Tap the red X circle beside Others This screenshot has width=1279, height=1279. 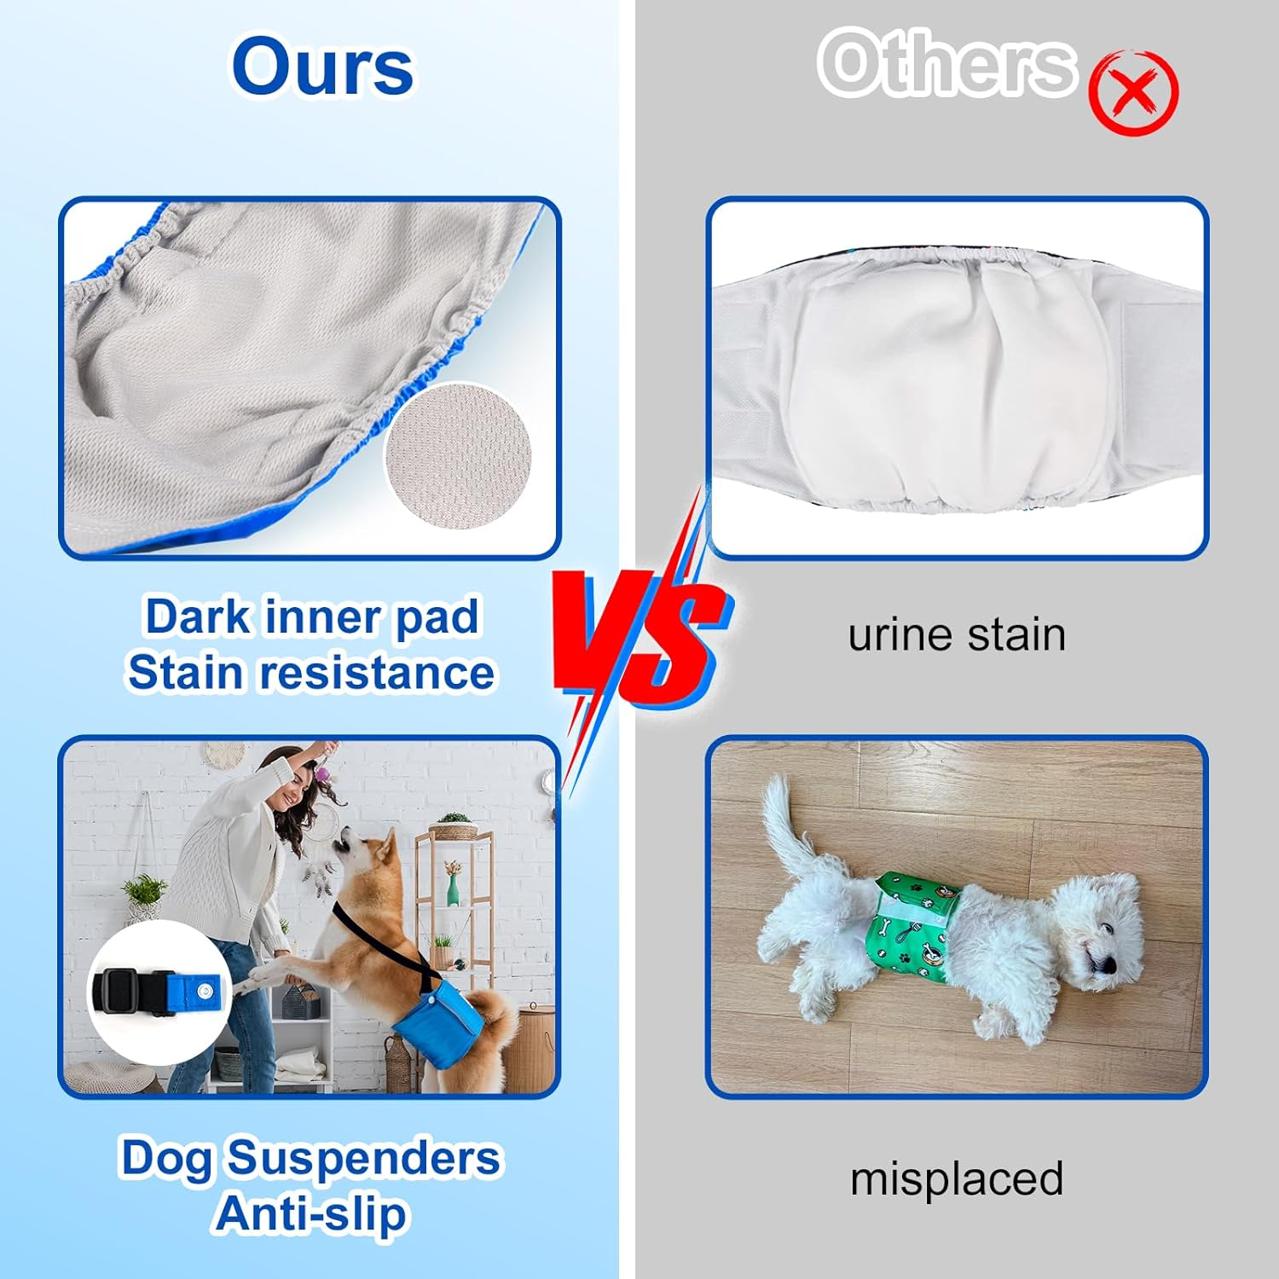(x=1133, y=93)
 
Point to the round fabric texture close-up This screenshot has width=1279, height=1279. (x=459, y=456)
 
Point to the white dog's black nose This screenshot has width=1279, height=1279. (x=1107, y=963)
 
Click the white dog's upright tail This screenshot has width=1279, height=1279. (x=784, y=819)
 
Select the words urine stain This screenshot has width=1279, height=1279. (x=957, y=635)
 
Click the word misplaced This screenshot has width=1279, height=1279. (x=957, y=1178)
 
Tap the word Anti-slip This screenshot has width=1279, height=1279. (x=311, y=1214)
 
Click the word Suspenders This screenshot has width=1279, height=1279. (x=364, y=1158)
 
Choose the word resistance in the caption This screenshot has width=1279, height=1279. (x=377, y=673)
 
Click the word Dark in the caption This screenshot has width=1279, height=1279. (x=197, y=616)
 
